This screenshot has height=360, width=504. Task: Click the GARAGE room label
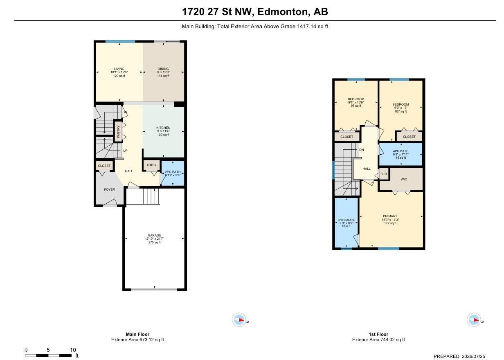[x=154, y=235]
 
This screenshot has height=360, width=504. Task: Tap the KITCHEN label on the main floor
[x=163, y=128]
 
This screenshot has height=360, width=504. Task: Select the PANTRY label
[x=118, y=132]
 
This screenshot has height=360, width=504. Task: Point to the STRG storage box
[x=151, y=165]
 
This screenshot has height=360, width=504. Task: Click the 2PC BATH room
[x=173, y=173]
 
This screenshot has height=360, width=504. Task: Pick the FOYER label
[x=110, y=189]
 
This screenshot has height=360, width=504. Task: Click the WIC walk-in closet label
[x=404, y=179]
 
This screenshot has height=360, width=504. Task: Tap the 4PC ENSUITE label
[x=346, y=220]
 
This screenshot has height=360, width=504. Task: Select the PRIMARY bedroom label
[x=390, y=216]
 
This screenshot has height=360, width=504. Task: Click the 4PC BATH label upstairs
[x=401, y=151]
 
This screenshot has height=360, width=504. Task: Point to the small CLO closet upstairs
[x=384, y=174]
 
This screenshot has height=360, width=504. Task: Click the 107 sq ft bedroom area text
[x=400, y=111]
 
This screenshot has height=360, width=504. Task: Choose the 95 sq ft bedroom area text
[x=356, y=106]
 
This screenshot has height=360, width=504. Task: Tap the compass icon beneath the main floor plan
[x=239, y=319]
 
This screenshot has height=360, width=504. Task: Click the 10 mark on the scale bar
[x=73, y=350]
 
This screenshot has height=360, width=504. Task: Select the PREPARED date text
[x=459, y=356]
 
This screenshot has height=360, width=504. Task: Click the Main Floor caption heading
[x=137, y=334]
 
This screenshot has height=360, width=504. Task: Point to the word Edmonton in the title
[x=282, y=12]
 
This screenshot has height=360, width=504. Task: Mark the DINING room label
[x=163, y=69]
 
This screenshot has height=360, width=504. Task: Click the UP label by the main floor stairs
[x=125, y=151]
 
